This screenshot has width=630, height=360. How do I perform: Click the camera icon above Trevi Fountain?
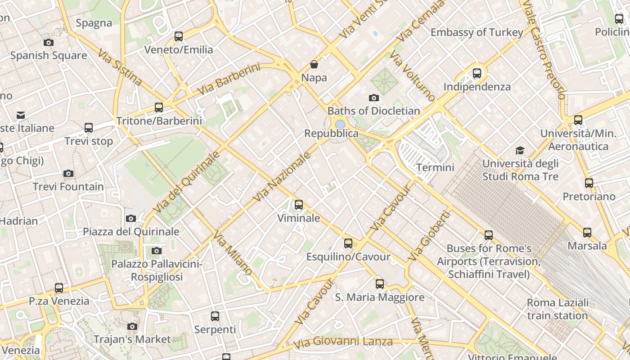(x=68, y=173)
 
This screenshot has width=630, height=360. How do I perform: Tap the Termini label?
(x=435, y=168)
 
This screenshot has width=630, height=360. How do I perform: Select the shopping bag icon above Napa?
(x=314, y=64)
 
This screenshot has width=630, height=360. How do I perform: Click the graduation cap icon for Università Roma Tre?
(x=520, y=150)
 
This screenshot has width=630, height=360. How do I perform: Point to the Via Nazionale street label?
(x=282, y=177)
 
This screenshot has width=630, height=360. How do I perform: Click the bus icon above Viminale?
(x=298, y=205)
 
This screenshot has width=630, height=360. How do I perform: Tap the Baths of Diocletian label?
(x=373, y=111)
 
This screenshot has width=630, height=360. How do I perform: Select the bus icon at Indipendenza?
(x=477, y=73)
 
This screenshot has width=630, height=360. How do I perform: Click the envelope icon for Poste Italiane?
(x=21, y=115)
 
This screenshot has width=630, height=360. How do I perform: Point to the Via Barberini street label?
(x=229, y=79)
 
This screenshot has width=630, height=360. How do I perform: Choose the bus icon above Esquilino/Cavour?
(x=348, y=243)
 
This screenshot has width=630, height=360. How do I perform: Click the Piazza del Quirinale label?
(x=131, y=232)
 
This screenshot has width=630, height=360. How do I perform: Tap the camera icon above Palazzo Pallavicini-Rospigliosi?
(x=157, y=251)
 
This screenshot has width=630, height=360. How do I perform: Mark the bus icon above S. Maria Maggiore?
(x=380, y=284)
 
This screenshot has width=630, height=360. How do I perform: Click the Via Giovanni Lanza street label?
(x=343, y=342)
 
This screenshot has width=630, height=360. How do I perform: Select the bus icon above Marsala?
(x=587, y=233)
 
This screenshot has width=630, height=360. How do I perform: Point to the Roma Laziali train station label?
(x=558, y=309)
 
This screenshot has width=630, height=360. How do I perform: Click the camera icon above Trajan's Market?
(x=132, y=326)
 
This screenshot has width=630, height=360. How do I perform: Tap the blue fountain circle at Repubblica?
(x=340, y=124)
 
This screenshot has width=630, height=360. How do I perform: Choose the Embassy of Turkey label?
(x=477, y=32)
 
